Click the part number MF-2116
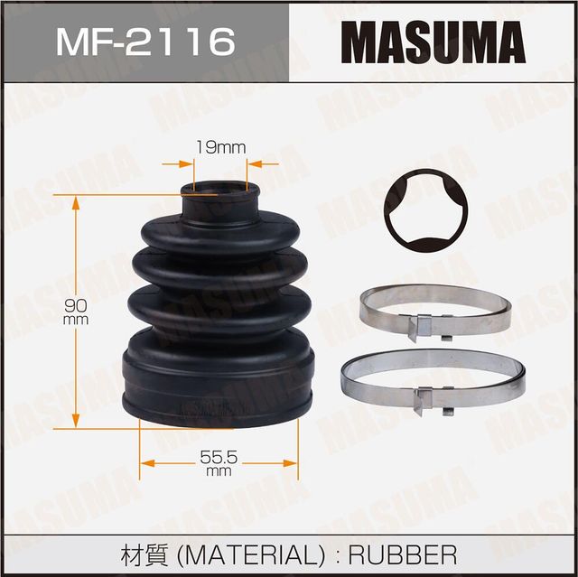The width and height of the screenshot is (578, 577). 145,41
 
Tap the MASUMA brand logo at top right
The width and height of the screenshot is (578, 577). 433,42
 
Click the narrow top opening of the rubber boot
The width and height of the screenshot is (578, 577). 219,191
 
